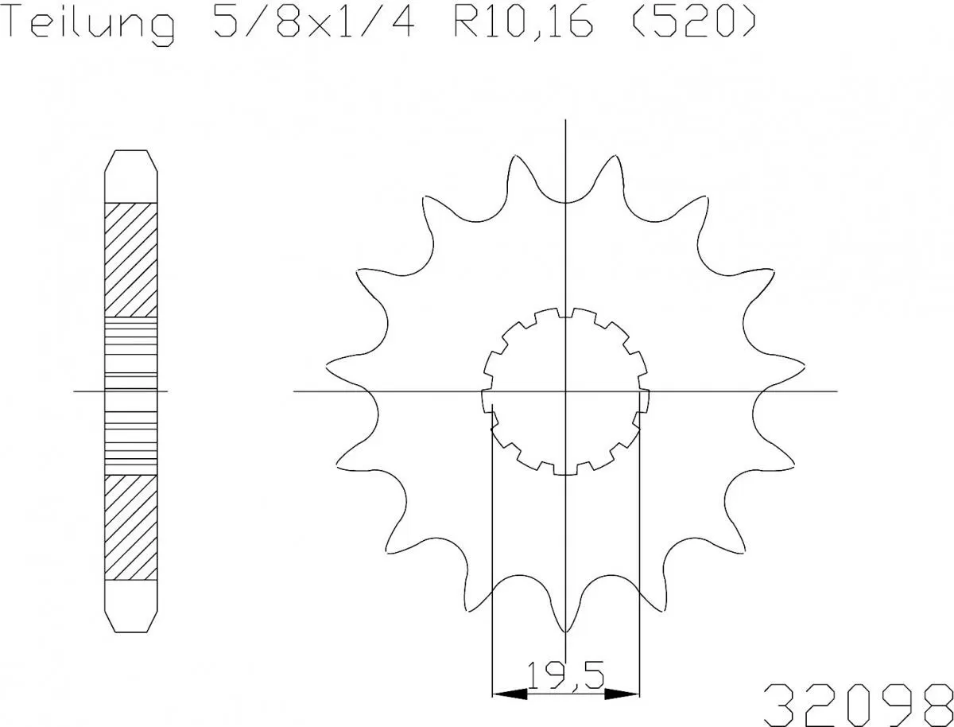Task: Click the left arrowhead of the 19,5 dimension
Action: coord(509,694)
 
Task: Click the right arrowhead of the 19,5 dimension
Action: coord(622,694)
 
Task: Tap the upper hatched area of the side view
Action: coord(131,259)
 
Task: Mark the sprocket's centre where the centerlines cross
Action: coord(565,391)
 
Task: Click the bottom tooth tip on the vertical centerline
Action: coord(565,632)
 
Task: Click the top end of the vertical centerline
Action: coord(565,121)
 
